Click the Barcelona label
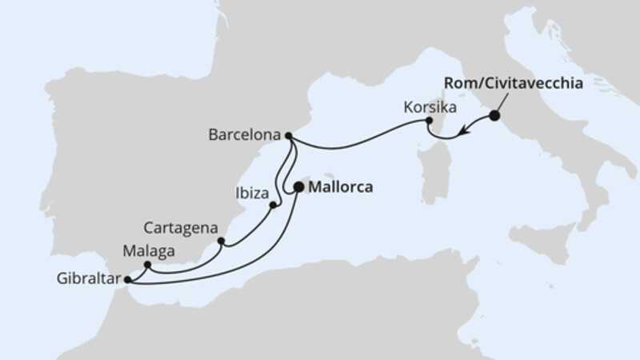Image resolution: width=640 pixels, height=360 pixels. [244, 135]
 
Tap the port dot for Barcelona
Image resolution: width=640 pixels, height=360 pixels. [288, 135]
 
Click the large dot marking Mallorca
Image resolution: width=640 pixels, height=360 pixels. [299, 187]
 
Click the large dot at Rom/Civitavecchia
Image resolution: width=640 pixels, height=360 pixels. [494, 116]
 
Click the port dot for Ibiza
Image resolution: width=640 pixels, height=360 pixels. [273, 206]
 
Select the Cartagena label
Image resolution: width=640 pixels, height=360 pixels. [181, 226]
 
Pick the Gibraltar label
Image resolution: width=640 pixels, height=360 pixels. [88, 279]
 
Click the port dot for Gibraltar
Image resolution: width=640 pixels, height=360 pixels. [128, 279]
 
